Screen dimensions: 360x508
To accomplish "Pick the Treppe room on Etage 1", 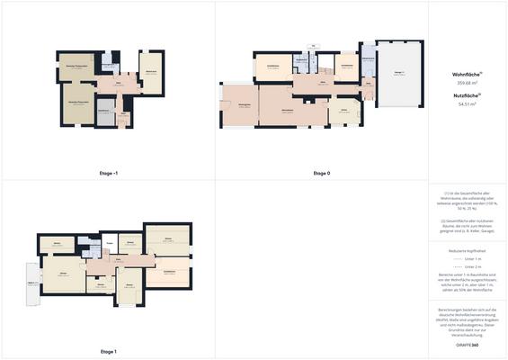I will point(109,244).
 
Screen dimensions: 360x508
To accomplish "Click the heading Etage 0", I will point(321,172).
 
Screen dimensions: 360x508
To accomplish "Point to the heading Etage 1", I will point(109,351).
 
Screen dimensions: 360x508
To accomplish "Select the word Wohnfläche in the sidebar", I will point(465,75).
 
